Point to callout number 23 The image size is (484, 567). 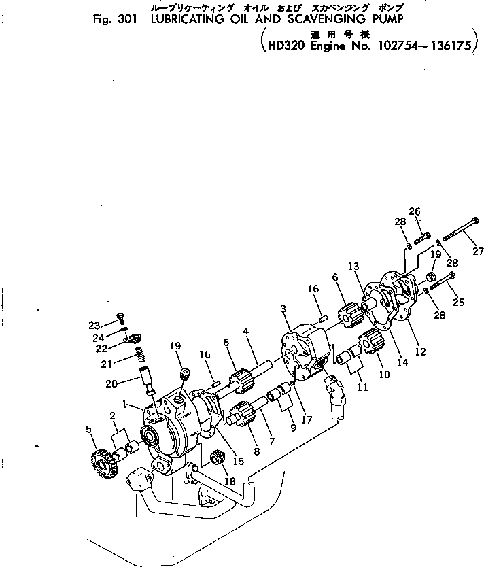93,324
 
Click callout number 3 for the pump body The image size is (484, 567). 281,309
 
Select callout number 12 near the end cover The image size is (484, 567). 421,352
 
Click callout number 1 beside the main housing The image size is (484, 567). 125,404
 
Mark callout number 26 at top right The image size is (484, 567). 415,211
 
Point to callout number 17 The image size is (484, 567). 307,420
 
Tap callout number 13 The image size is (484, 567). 353,266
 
